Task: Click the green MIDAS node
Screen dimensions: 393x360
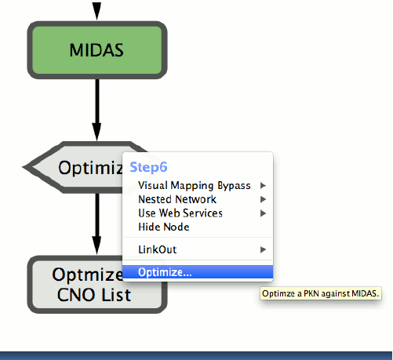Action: (x=97, y=50)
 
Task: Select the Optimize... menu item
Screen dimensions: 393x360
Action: (x=165, y=272)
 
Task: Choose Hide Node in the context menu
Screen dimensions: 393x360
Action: (x=164, y=227)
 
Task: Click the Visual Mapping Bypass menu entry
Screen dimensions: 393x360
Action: (x=195, y=186)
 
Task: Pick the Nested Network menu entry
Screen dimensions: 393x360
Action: (x=177, y=199)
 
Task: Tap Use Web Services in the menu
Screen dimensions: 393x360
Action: (x=180, y=213)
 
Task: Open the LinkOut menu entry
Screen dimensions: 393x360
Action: (x=158, y=249)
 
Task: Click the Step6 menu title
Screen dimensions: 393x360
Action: (x=148, y=167)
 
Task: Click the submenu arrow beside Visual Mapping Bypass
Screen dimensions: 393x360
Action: (x=263, y=186)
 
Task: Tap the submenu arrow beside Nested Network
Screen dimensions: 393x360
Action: (x=263, y=199)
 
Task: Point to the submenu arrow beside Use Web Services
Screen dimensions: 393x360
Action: (x=263, y=213)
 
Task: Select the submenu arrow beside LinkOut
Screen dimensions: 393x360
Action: (x=263, y=249)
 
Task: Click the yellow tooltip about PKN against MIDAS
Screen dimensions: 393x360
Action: (x=321, y=293)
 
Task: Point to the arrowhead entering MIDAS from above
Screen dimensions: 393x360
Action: (x=96, y=11)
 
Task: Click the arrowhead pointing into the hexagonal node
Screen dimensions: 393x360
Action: (x=96, y=132)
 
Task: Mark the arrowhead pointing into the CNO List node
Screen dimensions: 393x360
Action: (x=96, y=245)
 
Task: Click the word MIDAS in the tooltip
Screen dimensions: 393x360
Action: (x=366, y=293)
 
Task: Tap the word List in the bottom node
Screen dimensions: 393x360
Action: (x=116, y=295)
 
